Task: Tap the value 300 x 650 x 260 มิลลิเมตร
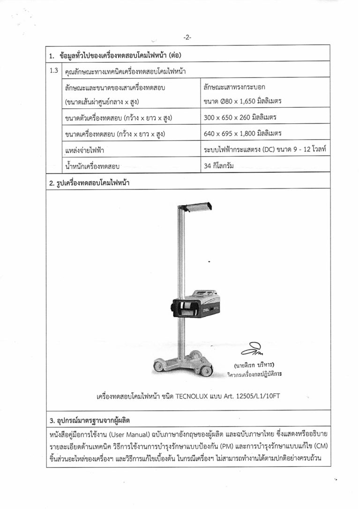click(243, 118)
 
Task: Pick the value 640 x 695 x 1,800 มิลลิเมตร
click(243, 134)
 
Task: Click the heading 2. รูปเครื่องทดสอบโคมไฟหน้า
click(89, 183)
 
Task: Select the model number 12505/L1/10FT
click(255, 397)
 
